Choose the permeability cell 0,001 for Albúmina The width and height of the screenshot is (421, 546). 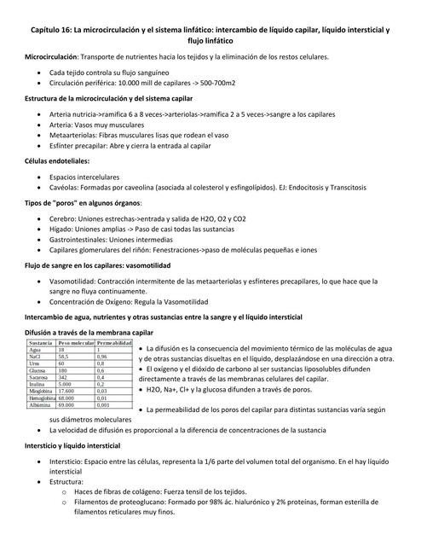(104, 405)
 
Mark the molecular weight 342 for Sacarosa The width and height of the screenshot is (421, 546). (62, 378)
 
